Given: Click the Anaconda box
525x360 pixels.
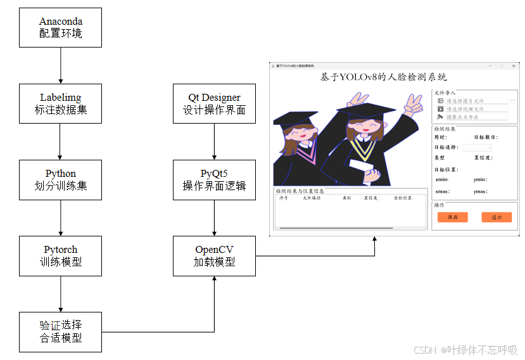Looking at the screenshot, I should click(60, 27).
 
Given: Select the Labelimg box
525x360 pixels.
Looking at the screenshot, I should click(60, 103).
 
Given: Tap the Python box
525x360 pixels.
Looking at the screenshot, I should click(60, 179).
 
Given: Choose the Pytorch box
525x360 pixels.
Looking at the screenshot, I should click(60, 255).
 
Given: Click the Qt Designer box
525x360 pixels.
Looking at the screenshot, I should click(214, 103).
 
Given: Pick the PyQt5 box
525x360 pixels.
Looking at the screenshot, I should click(214, 179).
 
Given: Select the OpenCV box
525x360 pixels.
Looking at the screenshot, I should click(214, 255).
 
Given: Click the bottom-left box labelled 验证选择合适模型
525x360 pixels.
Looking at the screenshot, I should click(60, 331).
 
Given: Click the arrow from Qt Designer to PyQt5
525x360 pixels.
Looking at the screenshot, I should click(214, 141).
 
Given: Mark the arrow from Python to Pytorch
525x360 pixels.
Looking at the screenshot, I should click(60, 217).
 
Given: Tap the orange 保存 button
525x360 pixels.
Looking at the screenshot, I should click(452, 217).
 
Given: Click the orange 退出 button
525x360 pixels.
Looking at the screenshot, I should click(496, 217).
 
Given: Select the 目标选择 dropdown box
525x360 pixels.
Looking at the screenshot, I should click(477, 148).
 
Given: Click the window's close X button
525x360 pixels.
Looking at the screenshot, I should click(514, 66).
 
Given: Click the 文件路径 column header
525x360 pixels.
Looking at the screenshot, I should click(311, 198).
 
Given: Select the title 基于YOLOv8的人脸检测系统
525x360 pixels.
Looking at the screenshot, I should click(384, 77).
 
